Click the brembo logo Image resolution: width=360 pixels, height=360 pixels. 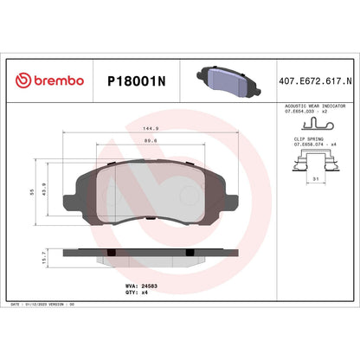(x=49, y=80)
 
